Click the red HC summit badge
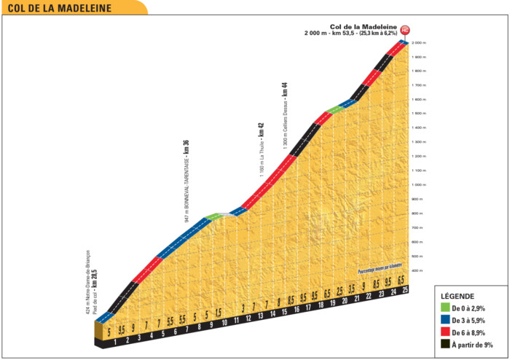[x=405, y=30]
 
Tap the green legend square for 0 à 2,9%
[x=444, y=309]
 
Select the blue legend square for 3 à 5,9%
[x=444, y=321]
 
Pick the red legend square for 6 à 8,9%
[x=444, y=332]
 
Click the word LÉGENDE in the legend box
[x=458, y=297]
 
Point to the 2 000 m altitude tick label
[x=418, y=43]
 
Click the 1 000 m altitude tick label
[x=418, y=185]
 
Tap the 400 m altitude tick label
[x=418, y=270]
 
